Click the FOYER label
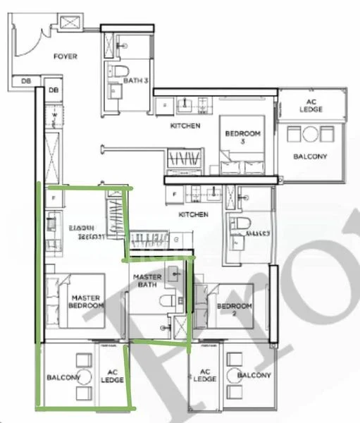click(66, 56)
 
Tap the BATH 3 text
click(136, 81)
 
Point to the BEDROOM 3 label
click(242, 137)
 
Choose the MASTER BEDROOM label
click(87, 302)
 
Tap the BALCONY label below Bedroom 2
click(254, 376)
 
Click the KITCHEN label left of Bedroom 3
click(185, 125)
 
